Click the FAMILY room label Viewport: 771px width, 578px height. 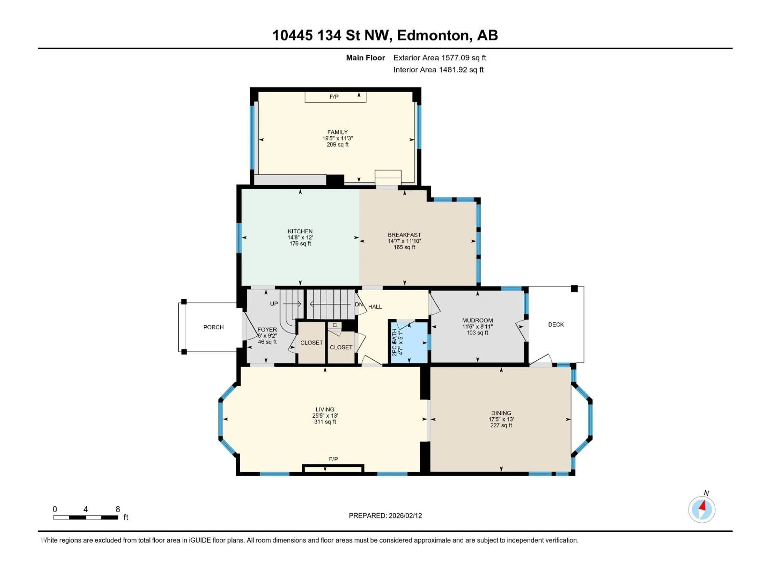click(337, 132)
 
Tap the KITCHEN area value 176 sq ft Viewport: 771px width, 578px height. click(300, 243)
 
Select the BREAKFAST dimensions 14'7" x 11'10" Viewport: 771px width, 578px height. click(404, 241)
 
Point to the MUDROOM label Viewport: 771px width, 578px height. click(477, 320)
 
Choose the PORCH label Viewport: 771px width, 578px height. click(213, 327)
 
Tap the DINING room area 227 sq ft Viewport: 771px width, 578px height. click(501, 425)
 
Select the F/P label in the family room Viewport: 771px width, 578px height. click(333, 97)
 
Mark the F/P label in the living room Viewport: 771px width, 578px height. click(333, 459)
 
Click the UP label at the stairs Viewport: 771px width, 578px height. click(274, 304)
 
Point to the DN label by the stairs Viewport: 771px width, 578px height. click(359, 304)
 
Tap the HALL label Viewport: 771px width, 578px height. click(375, 307)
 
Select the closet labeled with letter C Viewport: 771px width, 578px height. click(335, 325)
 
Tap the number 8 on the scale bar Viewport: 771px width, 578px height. click(118, 509)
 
